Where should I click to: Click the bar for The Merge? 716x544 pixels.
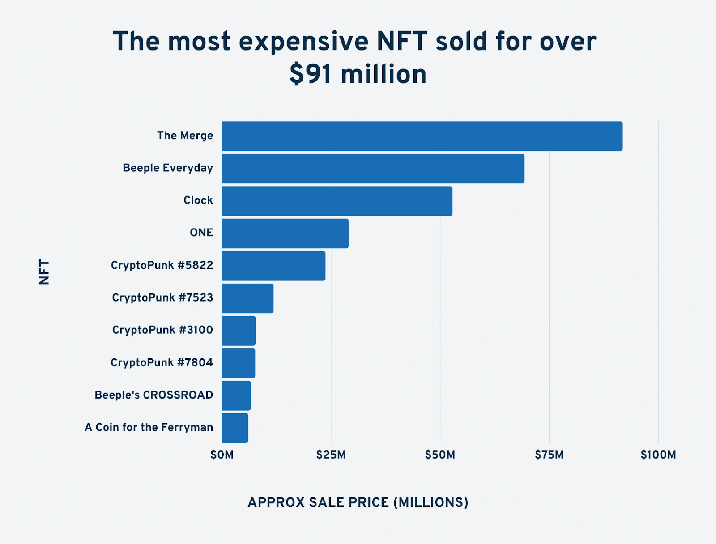point(422,136)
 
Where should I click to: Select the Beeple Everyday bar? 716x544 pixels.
point(373,169)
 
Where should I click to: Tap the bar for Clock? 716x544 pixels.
point(337,201)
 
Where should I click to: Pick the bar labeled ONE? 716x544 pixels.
point(285,233)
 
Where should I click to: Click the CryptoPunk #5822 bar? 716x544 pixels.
point(273,266)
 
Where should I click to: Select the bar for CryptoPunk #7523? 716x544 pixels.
point(247,298)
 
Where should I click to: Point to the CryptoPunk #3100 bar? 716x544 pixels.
point(239,331)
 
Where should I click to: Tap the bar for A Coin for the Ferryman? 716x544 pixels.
point(235,428)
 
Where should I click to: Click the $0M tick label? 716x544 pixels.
point(222,455)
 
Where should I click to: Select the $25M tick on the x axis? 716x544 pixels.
point(331,455)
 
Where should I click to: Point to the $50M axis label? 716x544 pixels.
point(440,455)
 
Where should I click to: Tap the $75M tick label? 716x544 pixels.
point(549,455)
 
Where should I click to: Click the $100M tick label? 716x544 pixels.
point(658,455)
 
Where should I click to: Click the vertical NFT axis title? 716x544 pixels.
point(44,272)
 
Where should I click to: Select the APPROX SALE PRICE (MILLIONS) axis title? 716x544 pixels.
point(358,502)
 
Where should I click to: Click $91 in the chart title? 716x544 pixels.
point(311,74)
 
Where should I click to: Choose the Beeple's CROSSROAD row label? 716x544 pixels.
point(153,395)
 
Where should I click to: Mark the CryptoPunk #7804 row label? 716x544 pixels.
point(162,362)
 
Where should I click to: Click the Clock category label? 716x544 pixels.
point(198,200)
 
